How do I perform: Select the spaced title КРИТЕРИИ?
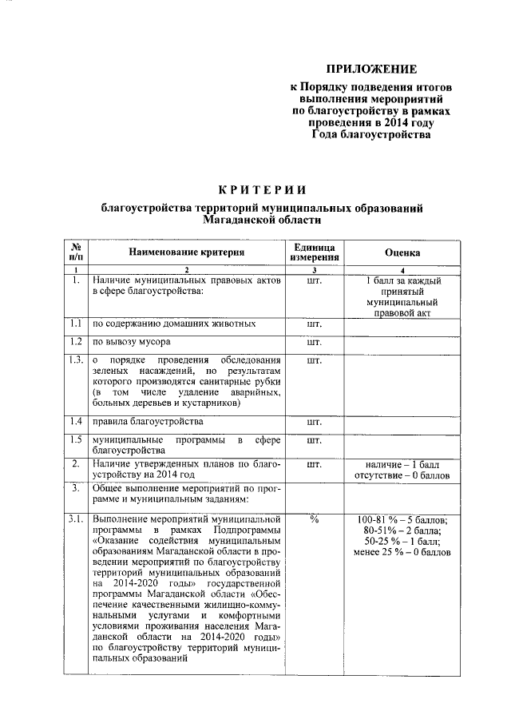(x=262, y=189)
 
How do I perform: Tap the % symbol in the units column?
(x=314, y=520)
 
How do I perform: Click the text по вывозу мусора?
(x=131, y=342)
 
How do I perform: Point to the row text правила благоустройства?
(x=147, y=421)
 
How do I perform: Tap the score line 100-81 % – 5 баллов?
(x=402, y=520)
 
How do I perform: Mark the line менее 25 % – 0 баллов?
(x=402, y=553)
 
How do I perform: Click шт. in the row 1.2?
(x=314, y=342)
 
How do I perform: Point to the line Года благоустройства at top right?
(x=371, y=135)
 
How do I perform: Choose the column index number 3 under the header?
(x=314, y=272)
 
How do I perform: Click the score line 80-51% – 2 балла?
(x=402, y=530)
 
